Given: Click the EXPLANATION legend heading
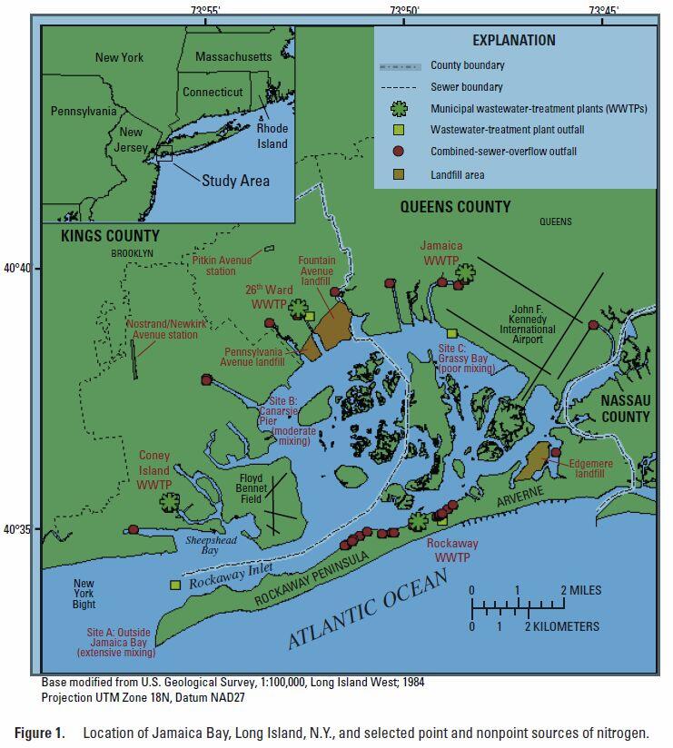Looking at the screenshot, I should pyautogui.click(x=513, y=40).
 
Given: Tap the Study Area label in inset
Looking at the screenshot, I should pyautogui.click(x=235, y=181).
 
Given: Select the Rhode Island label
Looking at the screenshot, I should pyautogui.click(x=272, y=136).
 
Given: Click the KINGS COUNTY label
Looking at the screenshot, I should pyautogui.click(x=110, y=236).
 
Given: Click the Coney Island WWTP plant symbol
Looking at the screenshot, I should pyautogui.click(x=170, y=502).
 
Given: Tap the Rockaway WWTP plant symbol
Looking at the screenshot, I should pyautogui.click(x=418, y=521).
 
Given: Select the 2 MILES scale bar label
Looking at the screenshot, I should pyautogui.click(x=580, y=590).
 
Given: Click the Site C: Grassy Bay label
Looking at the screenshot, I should pyautogui.click(x=467, y=359).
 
